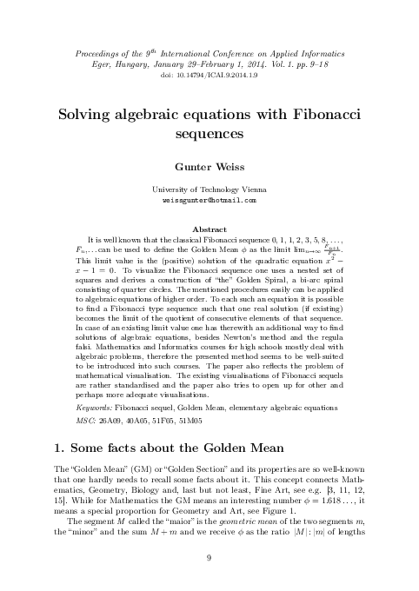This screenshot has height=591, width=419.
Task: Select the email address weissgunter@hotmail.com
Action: point(209,199)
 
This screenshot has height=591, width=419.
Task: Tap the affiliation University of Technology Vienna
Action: point(209,188)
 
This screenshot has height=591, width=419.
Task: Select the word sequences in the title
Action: point(209,135)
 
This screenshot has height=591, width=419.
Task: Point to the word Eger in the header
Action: point(102,63)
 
